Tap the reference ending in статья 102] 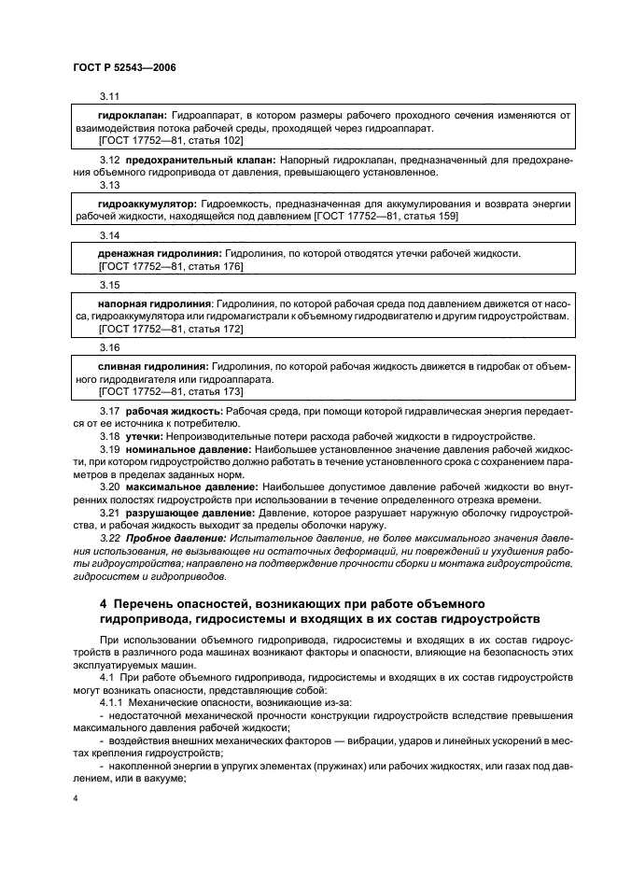pos(170,140)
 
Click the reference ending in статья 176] pos(170,267)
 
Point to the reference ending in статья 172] pos(170,330)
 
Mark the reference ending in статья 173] pos(170,392)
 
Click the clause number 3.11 pos(110,95)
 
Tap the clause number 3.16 pos(110,347)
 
